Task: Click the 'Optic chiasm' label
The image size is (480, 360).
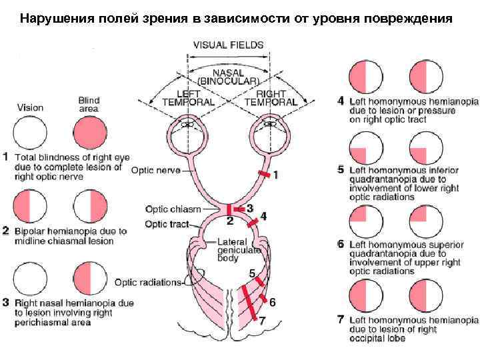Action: [173, 209]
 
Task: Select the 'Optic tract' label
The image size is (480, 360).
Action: [167, 224]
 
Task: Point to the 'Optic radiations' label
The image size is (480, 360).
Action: [147, 282]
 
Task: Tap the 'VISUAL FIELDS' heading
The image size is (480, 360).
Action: [228, 45]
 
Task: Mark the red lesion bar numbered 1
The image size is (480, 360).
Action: [264, 174]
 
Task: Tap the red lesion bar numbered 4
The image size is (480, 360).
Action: [253, 223]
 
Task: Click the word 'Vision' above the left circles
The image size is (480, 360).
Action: [30, 107]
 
